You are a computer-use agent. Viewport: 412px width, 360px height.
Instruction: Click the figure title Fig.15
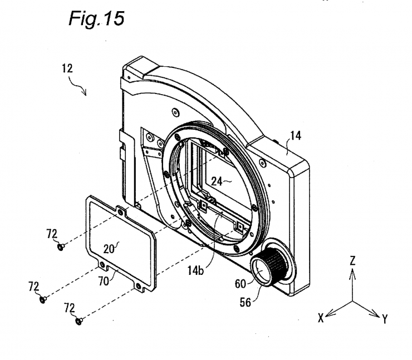click(96, 19)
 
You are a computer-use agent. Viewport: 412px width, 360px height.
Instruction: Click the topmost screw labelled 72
click(62, 245)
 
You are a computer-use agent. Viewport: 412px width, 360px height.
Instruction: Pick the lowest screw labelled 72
click(78, 320)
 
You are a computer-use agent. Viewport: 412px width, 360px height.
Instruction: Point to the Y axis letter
click(385, 318)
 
